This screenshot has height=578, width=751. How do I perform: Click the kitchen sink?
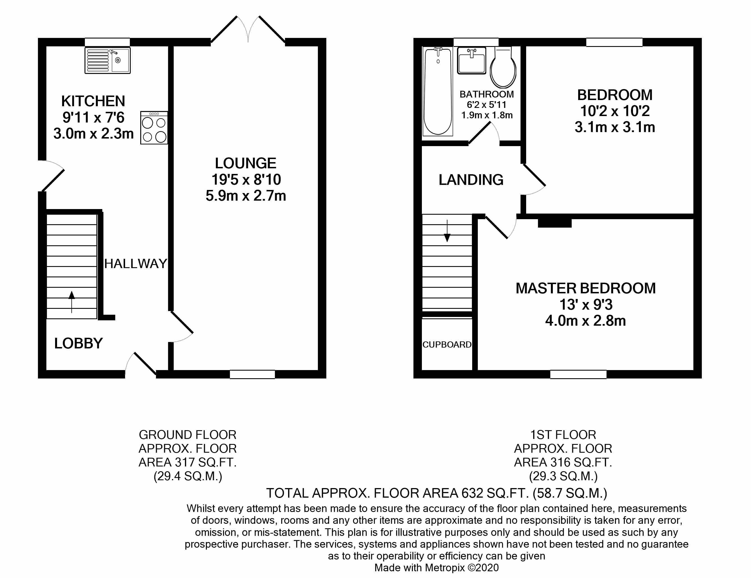pyautogui.click(x=107, y=60)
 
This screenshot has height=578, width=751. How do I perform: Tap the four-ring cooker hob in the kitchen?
pyautogui.click(x=154, y=128)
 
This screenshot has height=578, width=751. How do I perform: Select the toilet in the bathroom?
pyautogui.click(x=503, y=67)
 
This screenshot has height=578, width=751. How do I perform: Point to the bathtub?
pyautogui.click(x=438, y=91)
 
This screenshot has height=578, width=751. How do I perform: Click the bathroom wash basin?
pyautogui.click(x=471, y=60)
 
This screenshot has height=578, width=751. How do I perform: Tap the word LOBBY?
pyautogui.click(x=78, y=343)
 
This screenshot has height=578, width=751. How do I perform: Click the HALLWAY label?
pyautogui.click(x=135, y=264)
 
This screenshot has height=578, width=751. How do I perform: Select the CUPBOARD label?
pyautogui.click(x=447, y=344)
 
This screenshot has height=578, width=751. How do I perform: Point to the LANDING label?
pyautogui.click(x=471, y=180)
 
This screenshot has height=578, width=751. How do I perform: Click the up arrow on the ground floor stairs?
pyautogui.click(x=71, y=302)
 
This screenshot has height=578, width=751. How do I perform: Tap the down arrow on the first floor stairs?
pyautogui.click(x=447, y=231)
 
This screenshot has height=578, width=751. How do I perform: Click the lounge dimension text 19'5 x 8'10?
pyautogui.click(x=246, y=180)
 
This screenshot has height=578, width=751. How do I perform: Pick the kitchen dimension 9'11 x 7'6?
pyautogui.click(x=93, y=117)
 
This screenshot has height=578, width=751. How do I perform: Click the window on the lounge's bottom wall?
pyautogui.click(x=252, y=374)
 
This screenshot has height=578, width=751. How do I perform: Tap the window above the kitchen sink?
pyautogui.click(x=107, y=42)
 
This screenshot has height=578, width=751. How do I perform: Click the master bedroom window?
pyautogui.click(x=578, y=374)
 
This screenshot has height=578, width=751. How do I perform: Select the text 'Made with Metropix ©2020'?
pyautogui.click(x=436, y=568)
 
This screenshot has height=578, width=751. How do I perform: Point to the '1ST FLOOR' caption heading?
pyautogui.click(x=563, y=435)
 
